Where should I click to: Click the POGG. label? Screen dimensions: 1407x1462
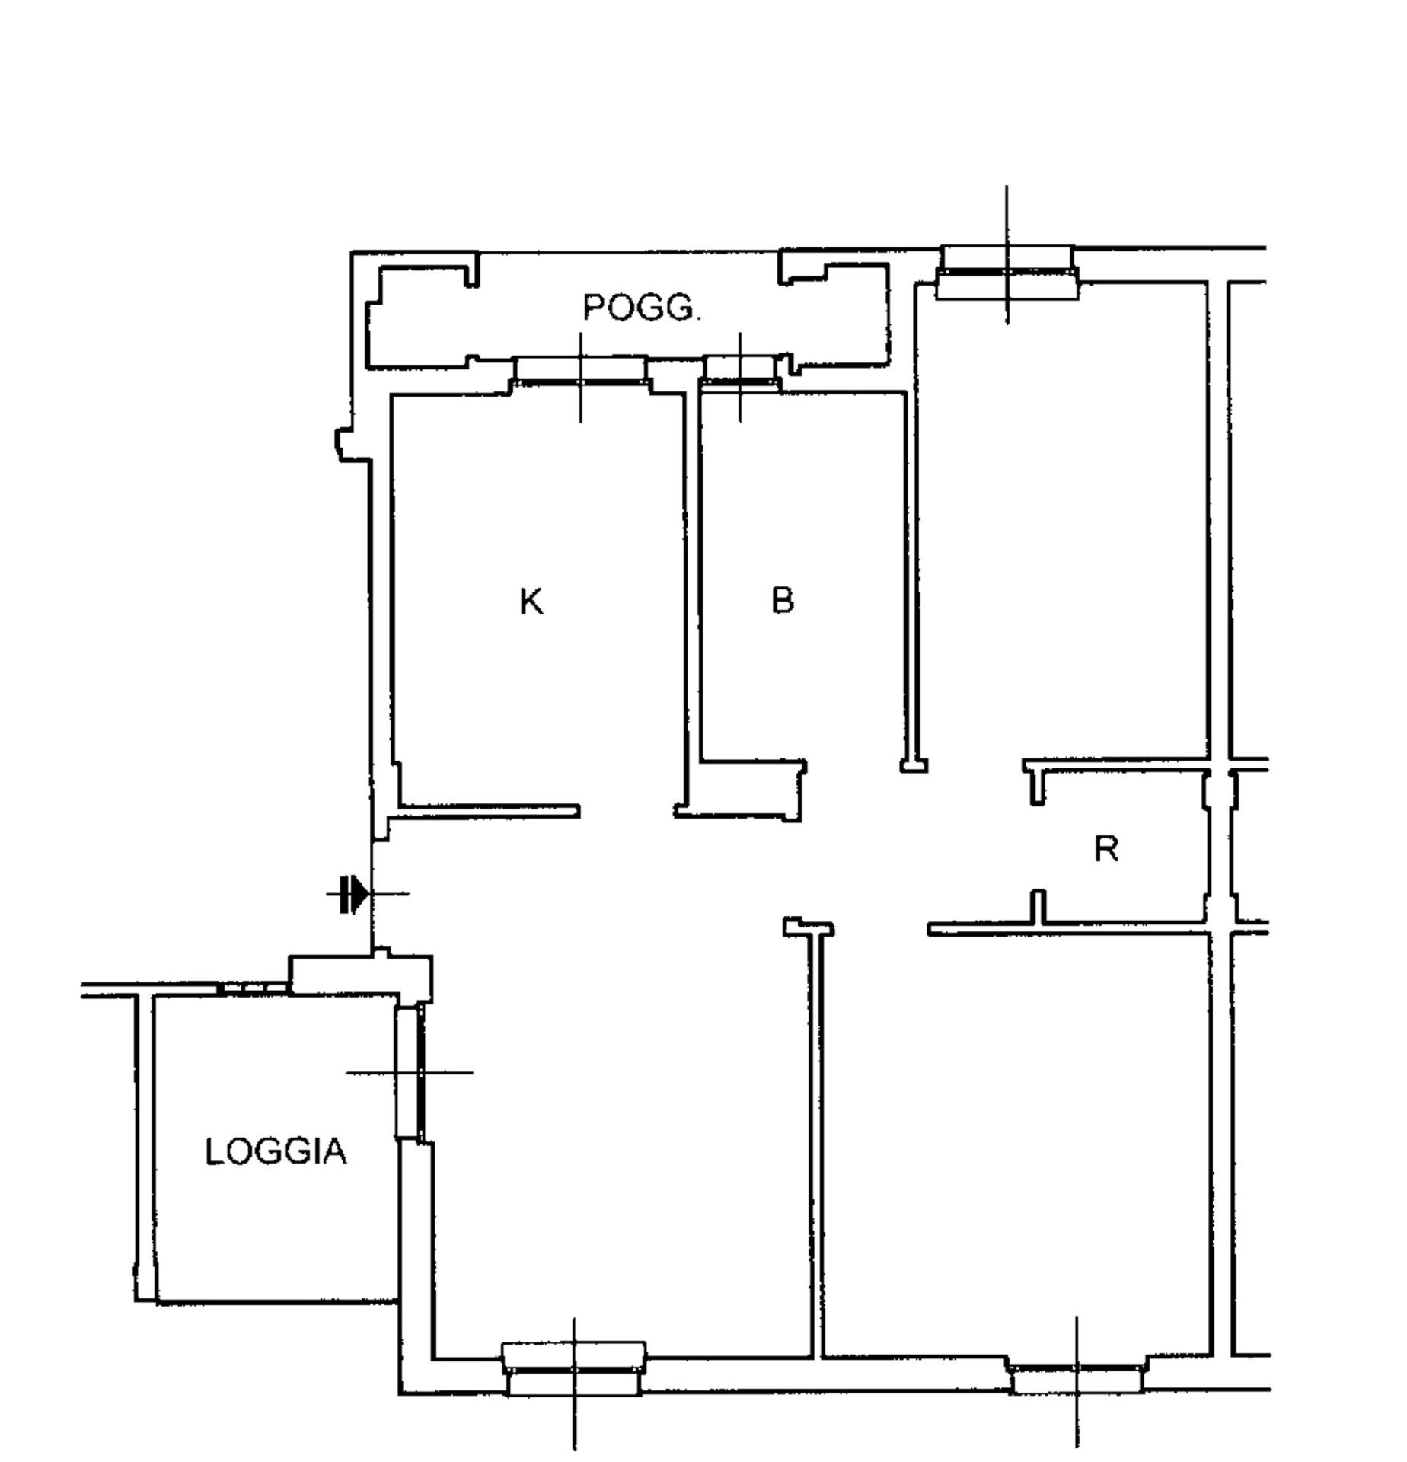tap(641, 308)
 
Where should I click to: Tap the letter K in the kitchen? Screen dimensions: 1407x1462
tap(531, 602)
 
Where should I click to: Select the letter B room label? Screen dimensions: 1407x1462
tap(782, 601)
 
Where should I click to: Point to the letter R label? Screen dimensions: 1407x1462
tap(1106, 849)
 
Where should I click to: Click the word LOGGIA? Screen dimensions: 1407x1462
tap(276, 1151)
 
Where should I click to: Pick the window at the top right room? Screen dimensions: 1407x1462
tap(1007, 273)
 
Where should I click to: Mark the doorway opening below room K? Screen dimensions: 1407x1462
tap(627, 812)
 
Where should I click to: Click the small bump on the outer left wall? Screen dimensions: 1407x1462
tap(343, 445)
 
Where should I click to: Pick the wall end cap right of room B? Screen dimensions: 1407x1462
tap(914, 765)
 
